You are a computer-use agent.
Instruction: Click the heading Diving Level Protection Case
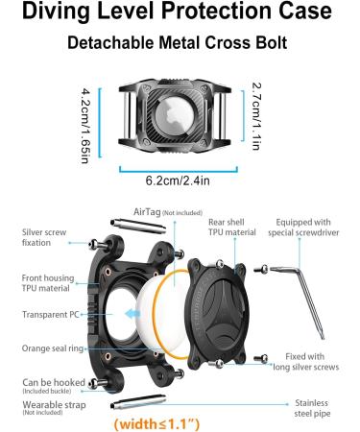180,14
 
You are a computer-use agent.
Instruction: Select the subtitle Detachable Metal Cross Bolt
180,45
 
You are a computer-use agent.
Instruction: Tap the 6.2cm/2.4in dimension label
180,180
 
